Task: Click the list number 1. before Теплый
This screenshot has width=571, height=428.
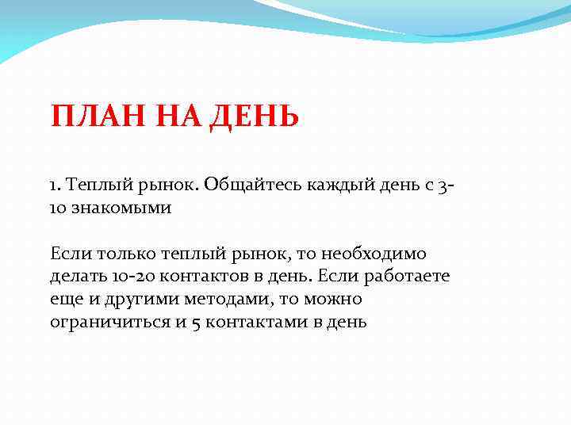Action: (x=55, y=185)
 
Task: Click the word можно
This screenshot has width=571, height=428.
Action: (x=331, y=300)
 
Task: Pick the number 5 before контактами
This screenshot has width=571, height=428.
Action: (x=197, y=323)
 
